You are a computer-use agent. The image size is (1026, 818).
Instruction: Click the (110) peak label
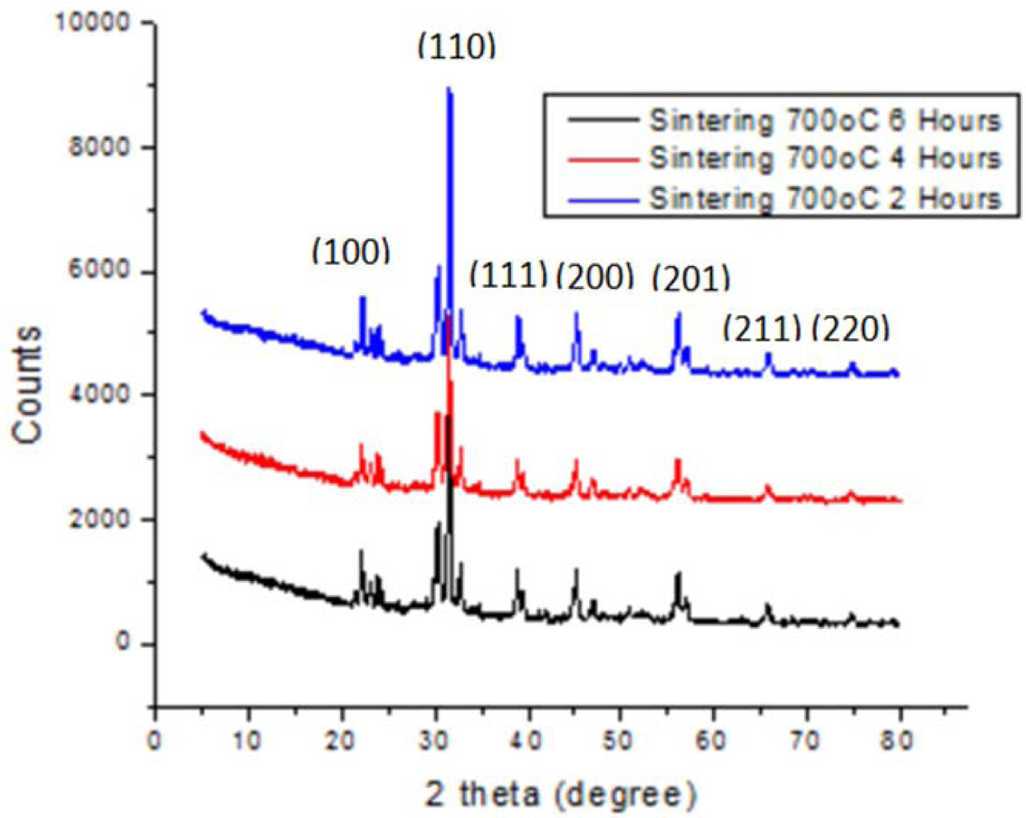click(x=456, y=48)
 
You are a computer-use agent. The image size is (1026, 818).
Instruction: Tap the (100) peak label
click(x=351, y=252)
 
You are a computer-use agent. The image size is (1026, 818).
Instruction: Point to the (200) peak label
click(x=595, y=276)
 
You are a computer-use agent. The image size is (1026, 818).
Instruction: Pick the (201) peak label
click(x=690, y=277)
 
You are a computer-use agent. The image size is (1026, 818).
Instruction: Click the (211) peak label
click(x=762, y=328)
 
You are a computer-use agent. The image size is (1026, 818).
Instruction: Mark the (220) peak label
click(x=850, y=328)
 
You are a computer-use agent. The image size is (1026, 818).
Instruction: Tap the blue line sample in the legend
click(x=602, y=198)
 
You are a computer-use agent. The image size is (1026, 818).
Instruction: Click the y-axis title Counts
click(x=29, y=384)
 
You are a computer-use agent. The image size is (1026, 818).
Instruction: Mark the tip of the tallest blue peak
click(x=448, y=88)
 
